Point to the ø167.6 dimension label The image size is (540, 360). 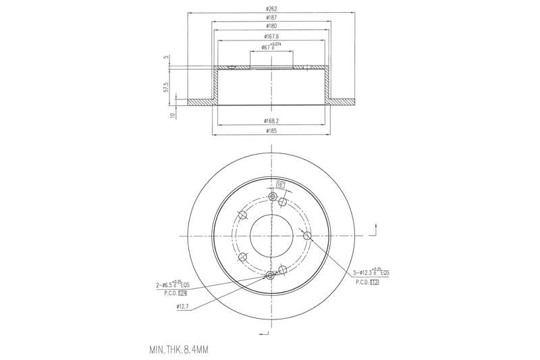click(271, 37)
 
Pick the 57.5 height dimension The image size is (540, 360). click(166, 88)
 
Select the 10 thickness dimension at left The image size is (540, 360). click(173, 115)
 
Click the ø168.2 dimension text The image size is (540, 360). click(271, 122)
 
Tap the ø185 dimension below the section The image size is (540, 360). click(271, 130)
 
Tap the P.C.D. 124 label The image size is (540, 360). click(174, 294)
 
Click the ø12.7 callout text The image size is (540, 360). click(182, 307)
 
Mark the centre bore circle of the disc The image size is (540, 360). click(271, 235)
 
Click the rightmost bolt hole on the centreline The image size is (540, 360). click(307, 235)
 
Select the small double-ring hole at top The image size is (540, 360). click(271, 197)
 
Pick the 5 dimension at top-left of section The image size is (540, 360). click(166, 58)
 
